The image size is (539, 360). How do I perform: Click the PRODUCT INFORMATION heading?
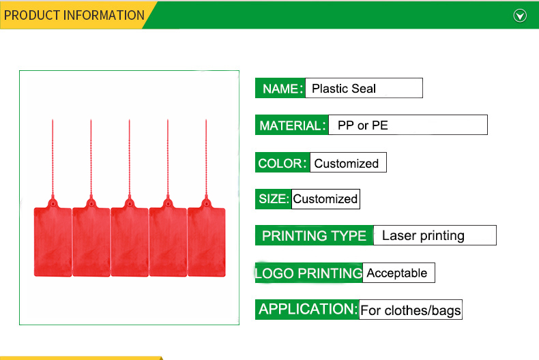coord(74,15)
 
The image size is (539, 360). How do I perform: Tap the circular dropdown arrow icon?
coord(520,16)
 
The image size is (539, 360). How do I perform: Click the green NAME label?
coord(280,88)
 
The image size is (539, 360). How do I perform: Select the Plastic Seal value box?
coord(364,88)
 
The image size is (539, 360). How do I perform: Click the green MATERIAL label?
coord(292,125)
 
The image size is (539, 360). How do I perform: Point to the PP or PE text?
coord(363,125)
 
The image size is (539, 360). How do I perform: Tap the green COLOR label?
coord(282,162)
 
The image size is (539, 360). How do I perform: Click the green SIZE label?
coord(274,199)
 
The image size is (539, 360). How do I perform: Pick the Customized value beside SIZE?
coord(325,199)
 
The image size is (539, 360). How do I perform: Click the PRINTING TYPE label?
coord(314,236)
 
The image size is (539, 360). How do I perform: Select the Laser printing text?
coord(423,236)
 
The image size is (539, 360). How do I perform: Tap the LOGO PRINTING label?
coord(308,273)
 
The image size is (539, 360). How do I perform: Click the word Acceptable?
coord(396,273)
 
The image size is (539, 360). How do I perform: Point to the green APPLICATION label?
coord(307,310)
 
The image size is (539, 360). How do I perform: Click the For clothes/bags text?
coord(411,310)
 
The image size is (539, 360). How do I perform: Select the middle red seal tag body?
coord(130,241)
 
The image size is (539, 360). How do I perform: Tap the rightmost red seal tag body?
coord(207,241)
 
